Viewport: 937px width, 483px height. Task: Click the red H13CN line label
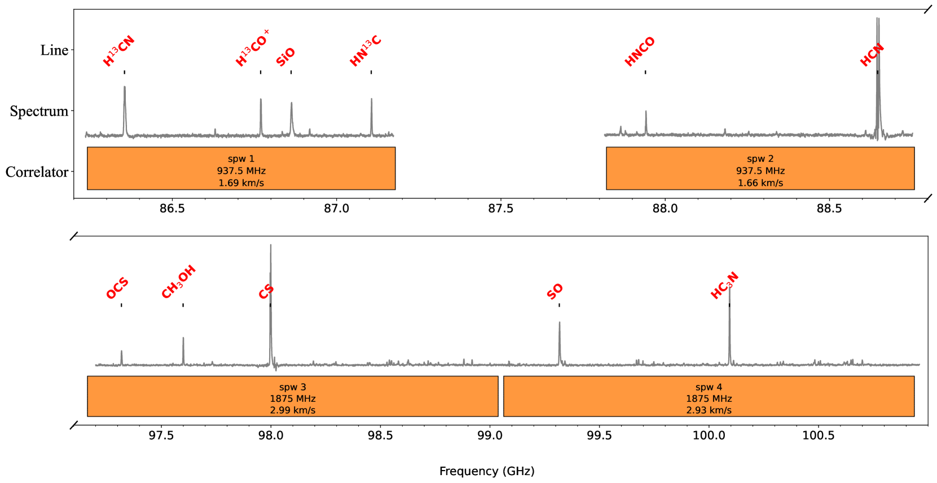click(x=119, y=51)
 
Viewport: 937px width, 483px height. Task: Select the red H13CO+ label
click(x=252, y=49)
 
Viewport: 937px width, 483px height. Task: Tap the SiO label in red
click(x=285, y=57)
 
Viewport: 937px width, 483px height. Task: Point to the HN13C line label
click(x=366, y=51)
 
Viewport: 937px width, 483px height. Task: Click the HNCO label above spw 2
click(x=640, y=52)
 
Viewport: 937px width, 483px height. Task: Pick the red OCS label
click(x=117, y=289)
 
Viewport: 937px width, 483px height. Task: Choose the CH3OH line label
click(x=179, y=281)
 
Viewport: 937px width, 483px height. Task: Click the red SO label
click(x=555, y=291)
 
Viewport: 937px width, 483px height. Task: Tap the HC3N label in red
click(x=724, y=286)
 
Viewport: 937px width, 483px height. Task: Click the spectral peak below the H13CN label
click(x=125, y=87)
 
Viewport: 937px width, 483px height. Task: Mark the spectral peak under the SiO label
click(x=292, y=103)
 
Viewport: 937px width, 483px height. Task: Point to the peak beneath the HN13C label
click(x=372, y=100)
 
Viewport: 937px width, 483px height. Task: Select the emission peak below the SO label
click(x=560, y=323)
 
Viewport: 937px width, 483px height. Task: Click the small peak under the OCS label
click(x=121, y=352)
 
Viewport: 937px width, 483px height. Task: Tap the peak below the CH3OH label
click(x=183, y=338)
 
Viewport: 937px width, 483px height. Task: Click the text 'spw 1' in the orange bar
click(x=241, y=159)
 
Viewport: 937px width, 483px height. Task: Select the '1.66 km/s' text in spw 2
click(x=760, y=183)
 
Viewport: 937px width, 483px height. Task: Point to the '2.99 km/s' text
click(x=292, y=410)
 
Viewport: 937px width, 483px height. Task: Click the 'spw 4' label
click(x=709, y=387)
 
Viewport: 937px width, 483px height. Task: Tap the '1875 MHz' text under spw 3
click(x=292, y=399)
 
